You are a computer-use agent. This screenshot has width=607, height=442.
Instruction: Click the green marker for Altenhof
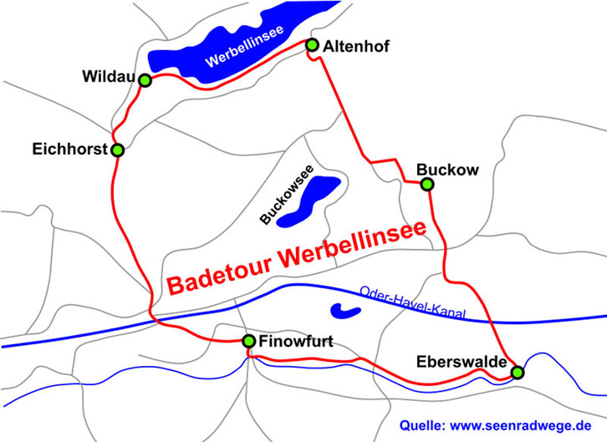313,44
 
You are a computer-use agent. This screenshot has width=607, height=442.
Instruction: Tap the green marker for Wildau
145,80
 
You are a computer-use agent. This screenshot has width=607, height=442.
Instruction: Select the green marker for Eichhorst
117,150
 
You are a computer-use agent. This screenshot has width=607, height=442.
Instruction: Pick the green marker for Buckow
426,184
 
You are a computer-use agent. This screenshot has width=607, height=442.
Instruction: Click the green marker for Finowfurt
248,340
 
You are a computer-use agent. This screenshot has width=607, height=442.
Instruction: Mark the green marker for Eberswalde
518,372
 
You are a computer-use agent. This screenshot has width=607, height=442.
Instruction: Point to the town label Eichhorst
70,150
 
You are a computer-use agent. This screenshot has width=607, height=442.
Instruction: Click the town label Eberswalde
462,361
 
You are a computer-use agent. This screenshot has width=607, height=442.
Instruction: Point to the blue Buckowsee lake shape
310,201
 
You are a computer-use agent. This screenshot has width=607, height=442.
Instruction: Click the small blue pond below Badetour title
345,311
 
